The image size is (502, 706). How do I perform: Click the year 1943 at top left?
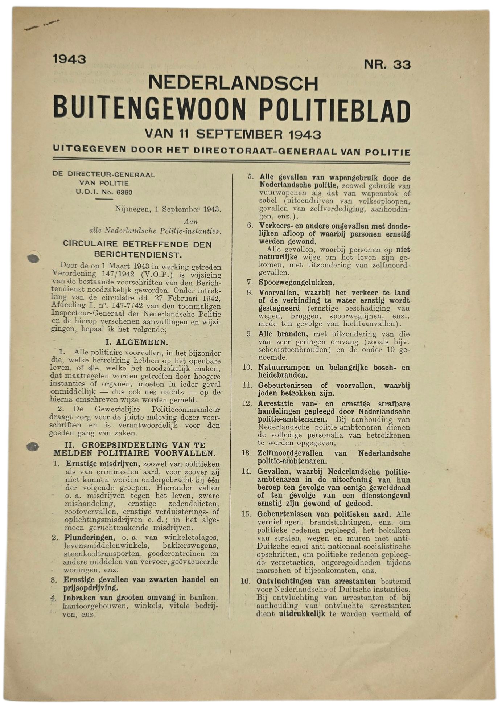pyautogui.click(x=69, y=59)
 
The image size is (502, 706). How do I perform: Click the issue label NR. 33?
pyautogui.click(x=387, y=65)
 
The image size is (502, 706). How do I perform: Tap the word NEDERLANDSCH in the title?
pyautogui.click(x=233, y=83)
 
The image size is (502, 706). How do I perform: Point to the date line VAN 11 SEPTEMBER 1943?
pyautogui.click(x=233, y=134)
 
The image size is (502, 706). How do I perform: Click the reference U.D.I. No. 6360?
pyautogui.click(x=104, y=192)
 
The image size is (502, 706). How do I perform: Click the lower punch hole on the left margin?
pyautogui.click(x=33, y=446)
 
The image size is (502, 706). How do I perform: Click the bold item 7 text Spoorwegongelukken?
pyautogui.click(x=296, y=282)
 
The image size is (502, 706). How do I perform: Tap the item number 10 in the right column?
pyautogui.click(x=247, y=367)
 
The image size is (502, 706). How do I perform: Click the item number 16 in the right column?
pyautogui.click(x=246, y=581)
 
